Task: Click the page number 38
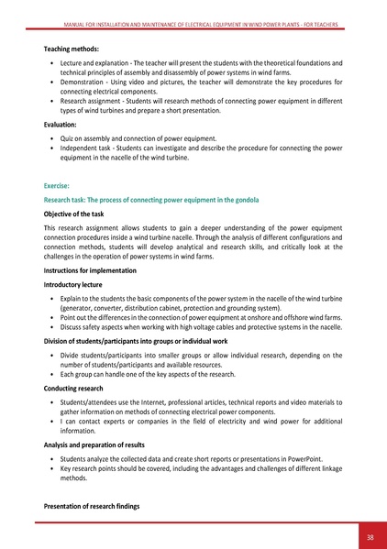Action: (x=367, y=538)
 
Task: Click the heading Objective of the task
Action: (x=80, y=212)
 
